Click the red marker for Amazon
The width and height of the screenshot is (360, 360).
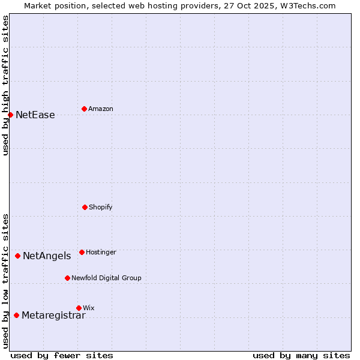(84, 109)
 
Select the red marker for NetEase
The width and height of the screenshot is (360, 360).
(10, 115)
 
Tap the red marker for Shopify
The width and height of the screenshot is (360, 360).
(85, 207)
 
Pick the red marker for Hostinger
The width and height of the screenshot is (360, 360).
(82, 252)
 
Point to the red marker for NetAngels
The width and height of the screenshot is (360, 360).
(17, 256)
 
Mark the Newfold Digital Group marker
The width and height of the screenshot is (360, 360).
(67, 278)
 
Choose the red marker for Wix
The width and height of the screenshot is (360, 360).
(79, 308)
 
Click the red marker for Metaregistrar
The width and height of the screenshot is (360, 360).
(16, 315)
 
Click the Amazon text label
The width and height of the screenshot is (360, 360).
(101, 109)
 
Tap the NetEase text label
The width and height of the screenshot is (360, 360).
(35, 115)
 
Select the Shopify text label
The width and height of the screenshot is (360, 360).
(101, 208)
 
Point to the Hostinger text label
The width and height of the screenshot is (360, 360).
(101, 253)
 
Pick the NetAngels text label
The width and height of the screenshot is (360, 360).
(47, 256)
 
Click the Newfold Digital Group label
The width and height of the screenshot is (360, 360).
(106, 278)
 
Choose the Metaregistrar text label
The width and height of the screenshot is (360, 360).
(53, 316)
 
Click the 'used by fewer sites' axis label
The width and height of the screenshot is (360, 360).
(62, 355)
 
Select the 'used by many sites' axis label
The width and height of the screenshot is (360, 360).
(301, 355)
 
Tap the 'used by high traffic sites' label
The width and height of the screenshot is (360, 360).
(5, 85)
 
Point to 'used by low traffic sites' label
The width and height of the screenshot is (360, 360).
(5, 281)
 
